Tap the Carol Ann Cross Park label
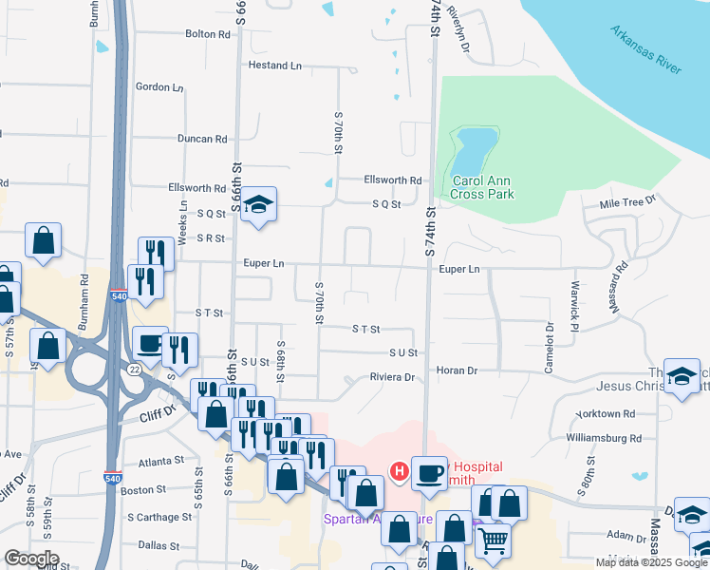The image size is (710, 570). click(x=482, y=187)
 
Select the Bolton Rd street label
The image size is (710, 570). click(x=208, y=34)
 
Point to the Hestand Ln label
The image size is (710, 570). click(x=274, y=66)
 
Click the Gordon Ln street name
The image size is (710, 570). click(x=159, y=86)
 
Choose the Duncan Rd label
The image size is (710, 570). click(x=202, y=139)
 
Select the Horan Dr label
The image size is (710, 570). click(x=456, y=370)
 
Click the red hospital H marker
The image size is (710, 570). click(x=400, y=470)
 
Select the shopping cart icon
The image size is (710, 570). click(x=493, y=541)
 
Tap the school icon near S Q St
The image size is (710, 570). click(x=257, y=204)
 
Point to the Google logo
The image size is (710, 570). click(x=31, y=559)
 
